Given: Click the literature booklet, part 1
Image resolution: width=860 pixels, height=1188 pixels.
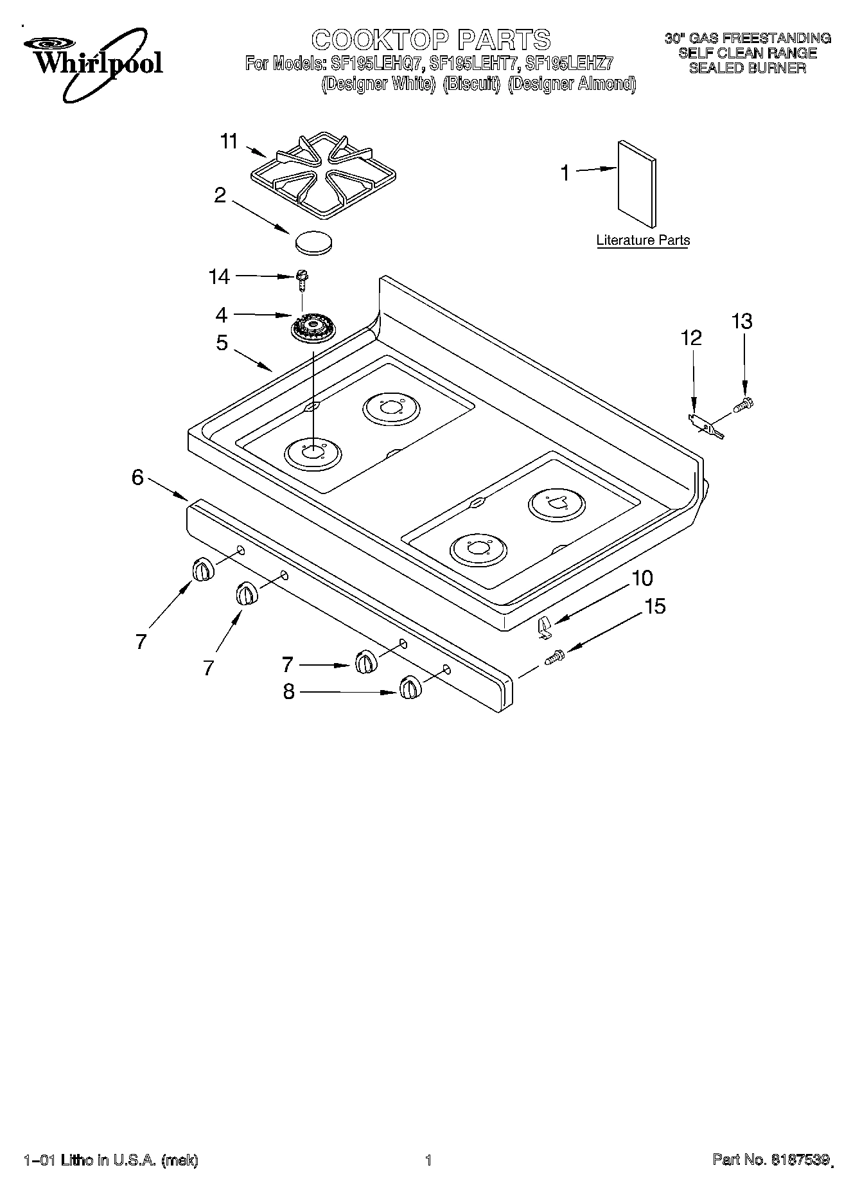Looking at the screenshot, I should tap(636, 184).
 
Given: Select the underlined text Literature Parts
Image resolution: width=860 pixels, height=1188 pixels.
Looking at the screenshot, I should tap(643, 240).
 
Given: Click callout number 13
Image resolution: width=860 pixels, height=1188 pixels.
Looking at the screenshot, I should tap(742, 321).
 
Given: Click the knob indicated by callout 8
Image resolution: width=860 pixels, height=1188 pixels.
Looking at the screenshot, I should tap(408, 688).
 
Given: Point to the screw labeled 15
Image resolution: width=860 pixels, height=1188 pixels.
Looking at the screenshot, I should tap(554, 657).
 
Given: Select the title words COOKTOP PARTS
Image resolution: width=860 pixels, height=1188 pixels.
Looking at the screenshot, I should tap(431, 39).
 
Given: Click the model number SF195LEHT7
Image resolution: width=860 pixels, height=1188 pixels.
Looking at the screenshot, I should tap(474, 63).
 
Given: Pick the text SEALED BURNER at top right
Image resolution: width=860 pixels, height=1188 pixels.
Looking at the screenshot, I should tap(747, 68).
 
